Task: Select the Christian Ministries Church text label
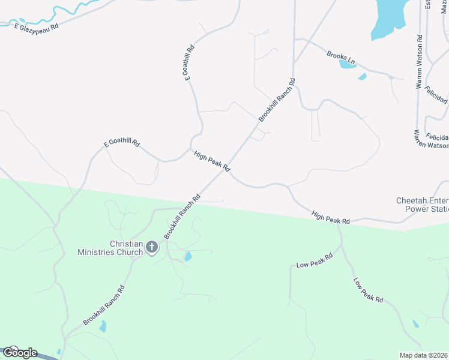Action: [110, 248]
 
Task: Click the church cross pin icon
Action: [152, 247]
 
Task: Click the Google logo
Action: [20, 353]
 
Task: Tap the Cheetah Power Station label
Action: [422, 205]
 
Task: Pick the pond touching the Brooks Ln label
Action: [347, 63]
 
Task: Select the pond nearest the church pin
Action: [188, 257]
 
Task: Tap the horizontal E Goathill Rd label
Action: [121, 144]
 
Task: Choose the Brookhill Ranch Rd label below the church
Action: [104, 306]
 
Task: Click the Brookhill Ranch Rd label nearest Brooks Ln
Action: [276, 100]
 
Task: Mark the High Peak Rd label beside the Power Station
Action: [331, 217]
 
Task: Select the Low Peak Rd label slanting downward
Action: [368, 289]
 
